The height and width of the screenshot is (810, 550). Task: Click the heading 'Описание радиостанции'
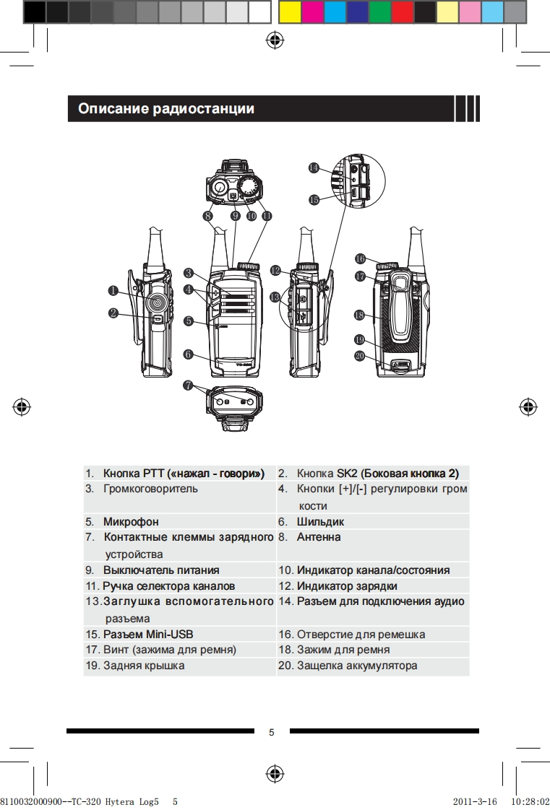tap(166, 109)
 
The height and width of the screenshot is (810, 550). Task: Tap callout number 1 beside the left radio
tap(113, 290)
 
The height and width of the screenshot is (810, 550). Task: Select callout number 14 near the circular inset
tap(314, 167)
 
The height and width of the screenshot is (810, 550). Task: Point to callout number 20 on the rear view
tap(360, 355)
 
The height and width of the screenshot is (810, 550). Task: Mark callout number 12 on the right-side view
tap(275, 270)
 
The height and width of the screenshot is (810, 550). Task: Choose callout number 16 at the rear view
tap(360, 258)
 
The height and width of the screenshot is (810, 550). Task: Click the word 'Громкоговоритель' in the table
tap(150, 489)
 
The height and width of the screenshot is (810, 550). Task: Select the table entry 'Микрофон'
tap(131, 521)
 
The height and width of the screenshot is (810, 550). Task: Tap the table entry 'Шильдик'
tap(320, 521)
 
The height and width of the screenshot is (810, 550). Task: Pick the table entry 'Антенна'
tap(319, 537)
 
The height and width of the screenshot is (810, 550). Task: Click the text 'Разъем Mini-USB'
tap(148, 635)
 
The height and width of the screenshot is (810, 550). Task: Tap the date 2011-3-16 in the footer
tap(474, 801)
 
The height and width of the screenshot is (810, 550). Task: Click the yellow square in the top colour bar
tap(290, 12)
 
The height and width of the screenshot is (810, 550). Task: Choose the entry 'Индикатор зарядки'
tap(347, 586)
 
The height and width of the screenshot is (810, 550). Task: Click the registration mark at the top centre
tap(275, 40)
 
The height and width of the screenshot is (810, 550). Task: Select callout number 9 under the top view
tap(236, 215)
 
